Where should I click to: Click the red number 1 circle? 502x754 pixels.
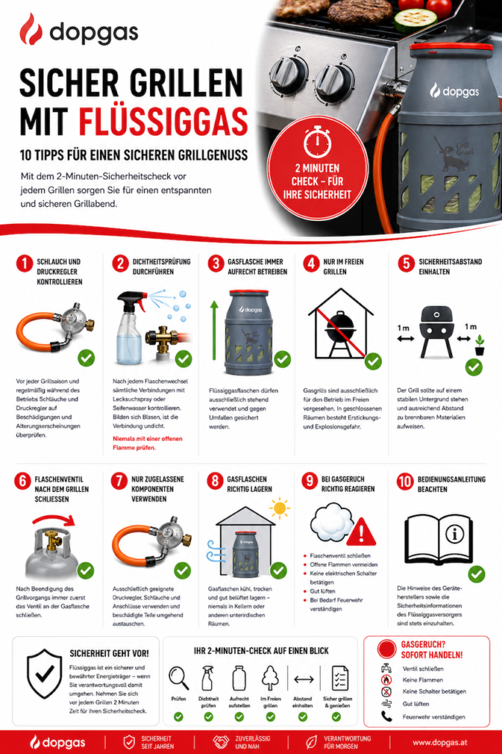coord(24,264)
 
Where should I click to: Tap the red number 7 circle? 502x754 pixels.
coord(119,481)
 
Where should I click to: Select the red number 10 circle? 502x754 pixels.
coord(405,482)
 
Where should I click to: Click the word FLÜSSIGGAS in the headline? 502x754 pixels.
coord(163,121)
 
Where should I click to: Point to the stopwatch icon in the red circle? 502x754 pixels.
coord(317,141)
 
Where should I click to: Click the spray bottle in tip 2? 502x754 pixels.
coord(131,328)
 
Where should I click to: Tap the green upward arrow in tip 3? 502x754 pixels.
coord(214,331)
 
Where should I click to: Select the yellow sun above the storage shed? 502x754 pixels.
coord(280,508)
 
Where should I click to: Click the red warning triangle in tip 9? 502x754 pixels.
coord(361,532)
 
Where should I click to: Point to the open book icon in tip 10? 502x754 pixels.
coord(438,538)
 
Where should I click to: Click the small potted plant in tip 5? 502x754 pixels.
coord(479,345)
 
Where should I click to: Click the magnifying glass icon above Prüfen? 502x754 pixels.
coord(178,678)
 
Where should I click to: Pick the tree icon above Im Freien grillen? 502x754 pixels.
coord(271,678)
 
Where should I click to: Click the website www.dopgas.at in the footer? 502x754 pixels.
coord(439,742)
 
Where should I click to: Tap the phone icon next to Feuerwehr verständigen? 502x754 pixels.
coord(386,716)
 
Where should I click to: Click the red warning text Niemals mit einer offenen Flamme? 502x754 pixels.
coord(147,443)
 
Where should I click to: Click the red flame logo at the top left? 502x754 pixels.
coord(31,29)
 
